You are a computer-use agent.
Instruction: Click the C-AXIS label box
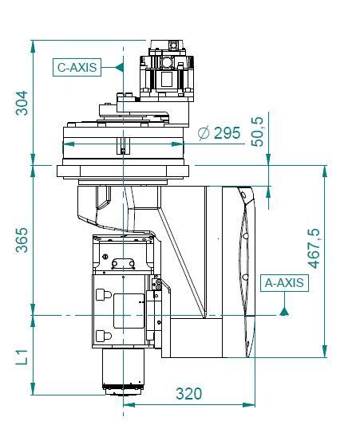(x=77, y=67)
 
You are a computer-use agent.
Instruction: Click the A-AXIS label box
(x=284, y=283)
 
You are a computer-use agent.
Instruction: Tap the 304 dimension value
(x=22, y=103)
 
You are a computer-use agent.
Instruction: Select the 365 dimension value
(x=22, y=240)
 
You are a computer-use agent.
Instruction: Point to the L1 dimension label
(x=22, y=356)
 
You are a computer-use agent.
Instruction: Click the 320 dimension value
(x=188, y=394)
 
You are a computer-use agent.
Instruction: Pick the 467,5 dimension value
(x=314, y=249)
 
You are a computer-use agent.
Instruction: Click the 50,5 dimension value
(x=257, y=132)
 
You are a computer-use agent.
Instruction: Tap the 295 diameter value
(x=227, y=133)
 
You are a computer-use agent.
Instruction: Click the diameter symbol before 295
(x=204, y=133)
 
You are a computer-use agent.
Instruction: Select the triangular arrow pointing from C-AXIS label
(x=119, y=67)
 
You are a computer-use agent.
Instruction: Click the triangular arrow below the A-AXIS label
(x=284, y=311)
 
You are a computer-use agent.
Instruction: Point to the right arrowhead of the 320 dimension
(x=249, y=404)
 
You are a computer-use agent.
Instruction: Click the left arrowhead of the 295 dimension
(x=69, y=144)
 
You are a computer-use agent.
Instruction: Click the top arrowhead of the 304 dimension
(x=33, y=46)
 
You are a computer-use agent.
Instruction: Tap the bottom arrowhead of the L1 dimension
(x=33, y=388)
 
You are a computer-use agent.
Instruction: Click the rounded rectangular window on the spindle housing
(x=129, y=311)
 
